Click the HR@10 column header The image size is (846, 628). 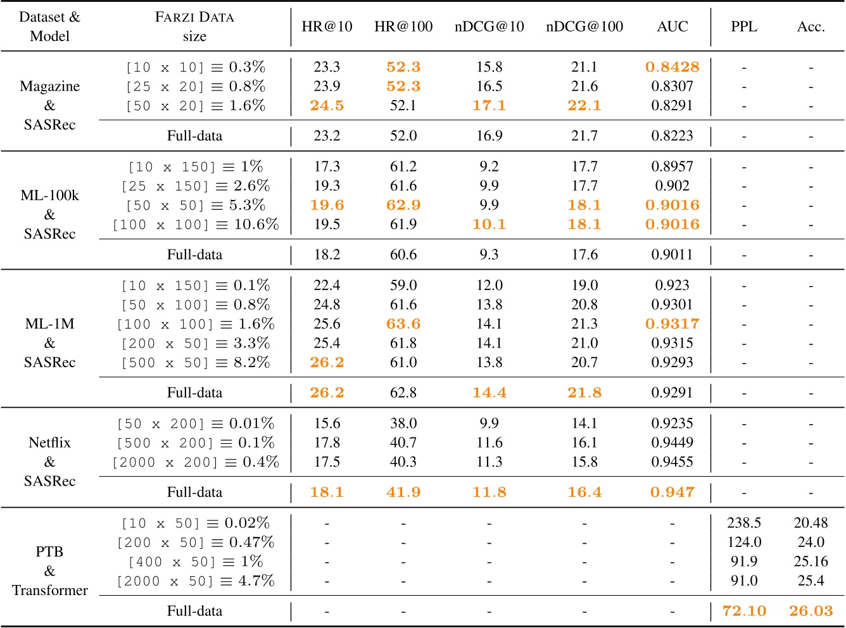tap(327, 27)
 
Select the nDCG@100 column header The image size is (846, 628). tap(584, 27)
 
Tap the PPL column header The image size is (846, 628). tap(743, 27)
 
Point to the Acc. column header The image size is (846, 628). tap(811, 27)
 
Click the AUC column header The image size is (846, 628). tap(672, 27)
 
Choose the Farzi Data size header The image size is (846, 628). tap(194, 27)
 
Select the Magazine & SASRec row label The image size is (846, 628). tap(49, 105)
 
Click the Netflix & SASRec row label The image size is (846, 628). tap(49, 462)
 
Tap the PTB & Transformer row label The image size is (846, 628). tap(49, 570)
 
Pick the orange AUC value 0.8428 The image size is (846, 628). tap(672, 67)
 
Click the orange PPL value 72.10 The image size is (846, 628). tap(743, 611)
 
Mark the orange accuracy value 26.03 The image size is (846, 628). tap(811, 611)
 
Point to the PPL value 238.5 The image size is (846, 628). tap(743, 523)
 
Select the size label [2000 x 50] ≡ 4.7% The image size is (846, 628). tap(195, 581)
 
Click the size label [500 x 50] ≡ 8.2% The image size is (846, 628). tap(195, 362)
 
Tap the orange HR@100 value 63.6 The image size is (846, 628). tap(403, 324)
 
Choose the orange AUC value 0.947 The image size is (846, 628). tap(672, 492)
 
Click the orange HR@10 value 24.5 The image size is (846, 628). tap(327, 106)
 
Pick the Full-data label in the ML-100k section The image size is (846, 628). tap(194, 254)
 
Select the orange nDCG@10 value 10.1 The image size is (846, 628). tap(489, 225)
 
